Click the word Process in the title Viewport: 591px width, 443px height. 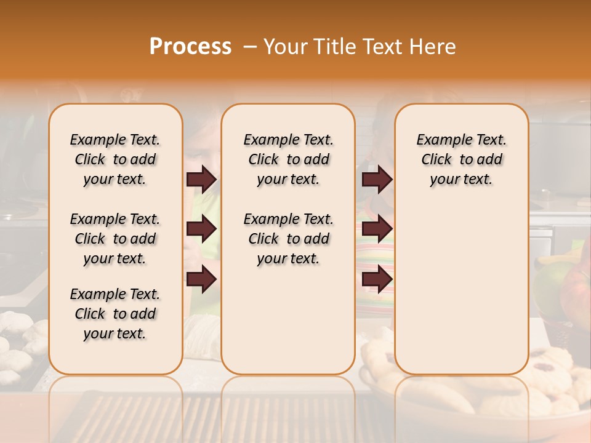(190, 47)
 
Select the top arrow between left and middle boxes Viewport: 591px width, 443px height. (201, 179)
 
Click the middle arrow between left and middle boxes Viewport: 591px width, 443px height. (201, 229)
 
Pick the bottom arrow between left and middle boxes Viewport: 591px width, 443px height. (201, 279)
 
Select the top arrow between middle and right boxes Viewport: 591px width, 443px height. (377, 179)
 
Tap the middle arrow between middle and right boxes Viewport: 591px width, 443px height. (377, 229)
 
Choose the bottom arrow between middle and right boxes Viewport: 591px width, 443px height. (377, 279)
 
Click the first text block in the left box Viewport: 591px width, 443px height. (115, 159)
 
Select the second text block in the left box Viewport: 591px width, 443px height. (115, 239)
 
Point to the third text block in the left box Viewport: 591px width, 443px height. (115, 314)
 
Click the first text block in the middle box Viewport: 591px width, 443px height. (288, 159)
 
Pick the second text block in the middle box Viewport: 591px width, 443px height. (288, 239)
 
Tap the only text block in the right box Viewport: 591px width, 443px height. (461, 159)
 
